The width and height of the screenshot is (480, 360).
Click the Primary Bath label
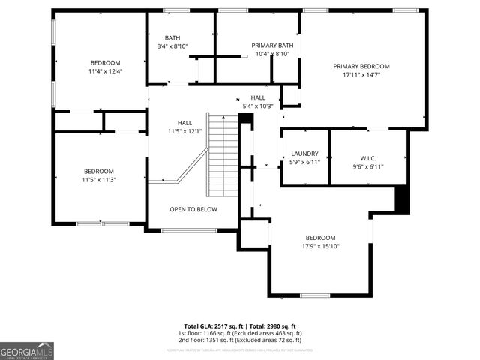[x=272, y=46]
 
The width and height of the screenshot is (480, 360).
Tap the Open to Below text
[x=193, y=209]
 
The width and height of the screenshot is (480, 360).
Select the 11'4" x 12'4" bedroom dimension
[x=105, y=71]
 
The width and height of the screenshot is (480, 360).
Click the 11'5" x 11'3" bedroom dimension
[x=99, y=179]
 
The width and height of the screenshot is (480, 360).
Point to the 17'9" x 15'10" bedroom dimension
[x=321, y=246]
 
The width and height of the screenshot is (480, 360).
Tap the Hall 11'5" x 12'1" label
[x=184, y=127]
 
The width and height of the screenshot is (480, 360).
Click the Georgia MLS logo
[x=27, y=350]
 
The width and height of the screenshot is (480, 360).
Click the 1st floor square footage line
[x=240, y=333]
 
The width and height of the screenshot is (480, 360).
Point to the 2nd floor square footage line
[x=240, y=339]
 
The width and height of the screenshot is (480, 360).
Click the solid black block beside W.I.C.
[x=402, y=199]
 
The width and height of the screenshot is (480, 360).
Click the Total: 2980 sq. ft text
[x=272, y=326]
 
